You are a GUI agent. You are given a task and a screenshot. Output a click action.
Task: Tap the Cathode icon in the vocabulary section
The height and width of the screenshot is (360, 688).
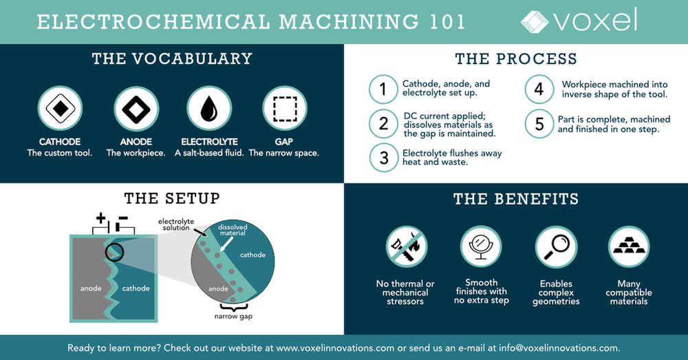pyautogui.click(x=60, y=108)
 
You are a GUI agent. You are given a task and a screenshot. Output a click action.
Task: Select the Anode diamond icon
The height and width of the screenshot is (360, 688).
pyautogui.click(x=136, y=108)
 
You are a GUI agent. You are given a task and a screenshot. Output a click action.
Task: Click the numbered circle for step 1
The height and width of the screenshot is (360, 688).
pyautogui.click(x=383, y=89)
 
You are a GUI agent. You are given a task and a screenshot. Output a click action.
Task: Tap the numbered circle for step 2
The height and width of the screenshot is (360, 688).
pyautogui.click(x=383, y=124)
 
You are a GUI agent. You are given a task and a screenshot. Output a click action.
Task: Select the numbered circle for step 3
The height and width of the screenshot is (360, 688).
pyautogui.click(x=383, y=158)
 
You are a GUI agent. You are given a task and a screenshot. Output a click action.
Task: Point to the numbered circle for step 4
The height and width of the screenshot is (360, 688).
pyautogui.click(x=539, y=89)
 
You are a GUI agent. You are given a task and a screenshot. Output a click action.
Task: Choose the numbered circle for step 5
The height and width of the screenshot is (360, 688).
pyautogui.click(x=539, y=124)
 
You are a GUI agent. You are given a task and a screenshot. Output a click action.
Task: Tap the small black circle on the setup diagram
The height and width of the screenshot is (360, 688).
pyautogui.click(x=114, y=253)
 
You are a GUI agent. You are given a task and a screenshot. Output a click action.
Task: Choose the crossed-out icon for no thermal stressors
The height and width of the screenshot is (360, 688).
pyautogui.click(x=405, y=247)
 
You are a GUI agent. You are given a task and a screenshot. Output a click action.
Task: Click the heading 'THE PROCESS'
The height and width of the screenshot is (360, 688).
pyautogui.click(x=515, y=59)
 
